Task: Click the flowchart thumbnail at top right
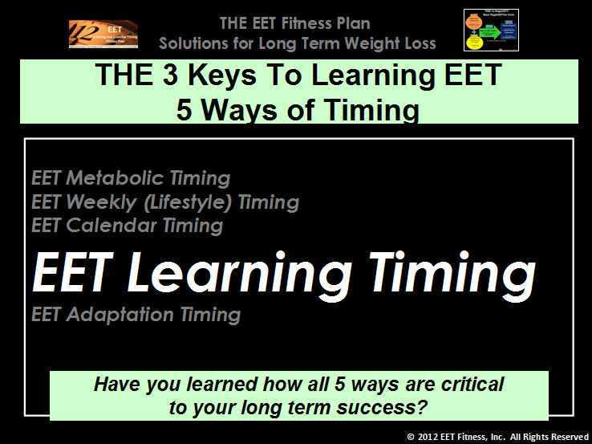click(491, 30)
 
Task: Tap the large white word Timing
click(452, 273)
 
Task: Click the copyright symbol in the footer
click(412, 437)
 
